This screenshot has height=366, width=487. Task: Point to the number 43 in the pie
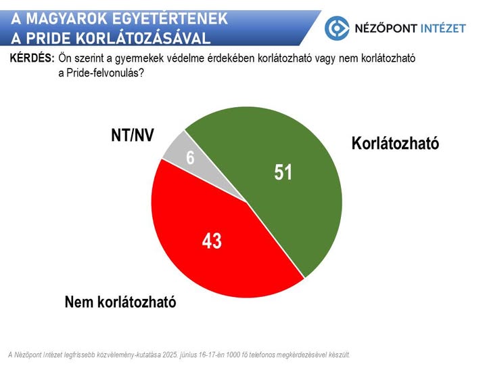coord(212,241)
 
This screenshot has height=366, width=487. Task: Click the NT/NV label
coord(133,136)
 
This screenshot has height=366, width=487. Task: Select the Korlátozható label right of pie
coord(395,143)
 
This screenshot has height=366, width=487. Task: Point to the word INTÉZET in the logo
coord(443,28)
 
